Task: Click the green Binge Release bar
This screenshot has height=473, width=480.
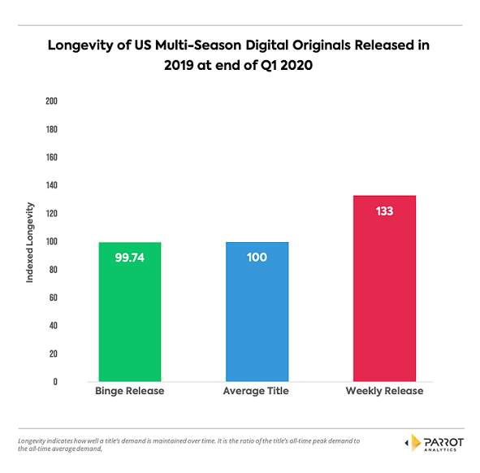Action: point(129,312)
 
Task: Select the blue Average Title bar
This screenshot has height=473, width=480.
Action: point(256,312)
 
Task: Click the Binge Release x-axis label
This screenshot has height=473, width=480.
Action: point(129,392)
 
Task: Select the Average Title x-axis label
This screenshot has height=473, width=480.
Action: point(256,392)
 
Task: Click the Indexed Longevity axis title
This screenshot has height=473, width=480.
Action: point(30,241)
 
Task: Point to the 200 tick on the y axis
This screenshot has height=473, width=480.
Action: point(51,102)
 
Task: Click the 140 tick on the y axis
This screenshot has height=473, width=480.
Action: point(51,185)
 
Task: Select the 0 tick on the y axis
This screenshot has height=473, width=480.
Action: point(54,381)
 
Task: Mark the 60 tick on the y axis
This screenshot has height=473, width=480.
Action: point(53,297)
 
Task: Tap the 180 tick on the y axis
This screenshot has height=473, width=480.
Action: point(51,129)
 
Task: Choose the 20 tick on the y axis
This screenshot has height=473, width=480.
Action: point(53,354)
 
